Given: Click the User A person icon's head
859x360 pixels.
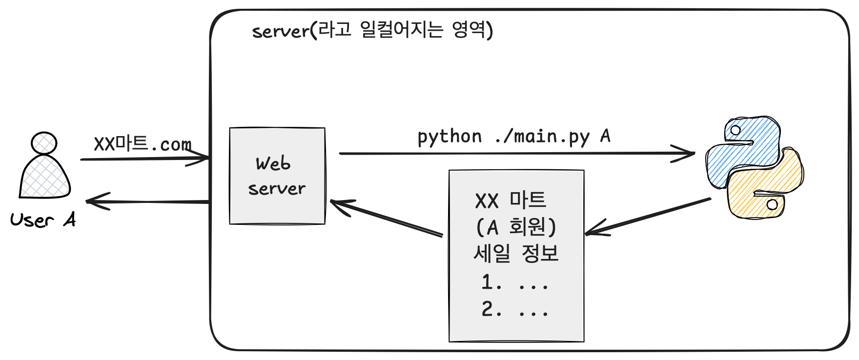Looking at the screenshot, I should [x=44, y=143].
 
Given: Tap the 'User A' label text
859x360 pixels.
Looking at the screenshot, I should [x=43, y=220].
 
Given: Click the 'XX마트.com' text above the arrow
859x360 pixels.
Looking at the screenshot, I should [x=142, y=144].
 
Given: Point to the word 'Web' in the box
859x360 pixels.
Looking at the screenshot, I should [x=273, y=163].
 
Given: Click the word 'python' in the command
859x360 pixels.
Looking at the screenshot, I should [x=450, y=137].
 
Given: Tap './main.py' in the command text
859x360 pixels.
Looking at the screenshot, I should [x=542, y=136].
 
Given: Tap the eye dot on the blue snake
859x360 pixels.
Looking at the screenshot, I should [x=736, y=130].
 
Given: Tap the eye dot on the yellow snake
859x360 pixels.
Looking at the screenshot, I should [x=772, y=204].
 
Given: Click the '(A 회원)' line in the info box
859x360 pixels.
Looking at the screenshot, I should [x=516, y=227].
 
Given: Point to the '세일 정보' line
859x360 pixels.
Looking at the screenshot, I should [x=516, y=253].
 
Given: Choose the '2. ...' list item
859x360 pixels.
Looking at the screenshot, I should [x=515, y=309].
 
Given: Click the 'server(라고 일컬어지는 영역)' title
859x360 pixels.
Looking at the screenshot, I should [x=372, y=30].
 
